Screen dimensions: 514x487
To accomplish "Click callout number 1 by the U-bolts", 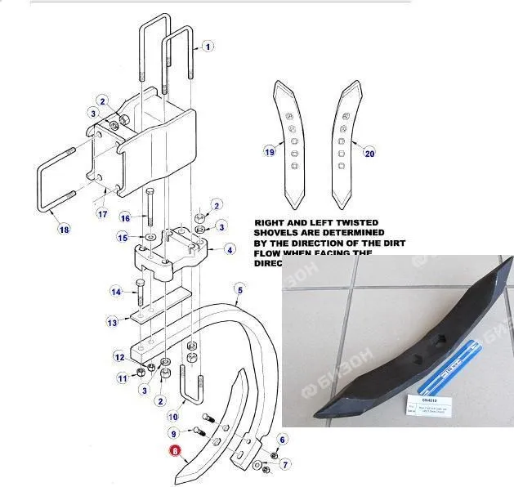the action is pos(208,47).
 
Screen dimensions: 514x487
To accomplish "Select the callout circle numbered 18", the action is pos(64,229).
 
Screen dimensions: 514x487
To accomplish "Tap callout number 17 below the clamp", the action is pos(102,215).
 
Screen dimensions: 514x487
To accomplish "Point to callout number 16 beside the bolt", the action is pos(125,218).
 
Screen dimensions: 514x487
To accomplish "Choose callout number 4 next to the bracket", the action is pos(230,248).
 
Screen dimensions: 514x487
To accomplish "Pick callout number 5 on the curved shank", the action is pos(239,288).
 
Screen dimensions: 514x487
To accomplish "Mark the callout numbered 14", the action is pos(116,292).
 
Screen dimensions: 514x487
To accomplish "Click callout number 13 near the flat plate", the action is pos(113,323).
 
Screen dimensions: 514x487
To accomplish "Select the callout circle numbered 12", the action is pos(119,357).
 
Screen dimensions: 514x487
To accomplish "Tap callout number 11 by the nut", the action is pos(123,378).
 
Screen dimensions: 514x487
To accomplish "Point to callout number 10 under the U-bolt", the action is pos(173,417).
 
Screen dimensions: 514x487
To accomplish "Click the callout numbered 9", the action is pos(173,433).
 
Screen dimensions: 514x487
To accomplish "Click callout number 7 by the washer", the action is pos(285,465).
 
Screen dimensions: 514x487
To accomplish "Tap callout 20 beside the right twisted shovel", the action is pos(369,152).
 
